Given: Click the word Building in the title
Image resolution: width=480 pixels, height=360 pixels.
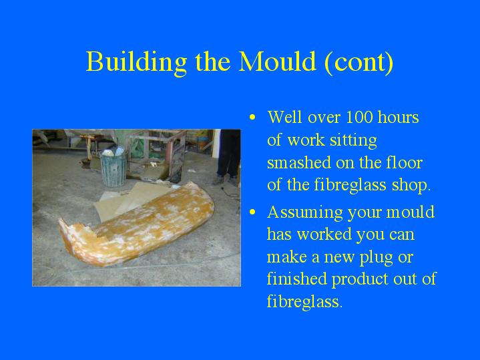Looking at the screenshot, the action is point(136,62).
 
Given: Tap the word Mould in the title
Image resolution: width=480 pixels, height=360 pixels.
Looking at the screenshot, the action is point(277,61).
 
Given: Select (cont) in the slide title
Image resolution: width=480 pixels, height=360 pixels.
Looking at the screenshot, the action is point(358,62).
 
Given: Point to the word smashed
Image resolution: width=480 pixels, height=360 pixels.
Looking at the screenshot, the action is point(299,162).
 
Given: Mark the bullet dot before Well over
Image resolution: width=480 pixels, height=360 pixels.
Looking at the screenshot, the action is point(252,118).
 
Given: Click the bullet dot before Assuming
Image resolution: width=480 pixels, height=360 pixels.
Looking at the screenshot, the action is point(252,212).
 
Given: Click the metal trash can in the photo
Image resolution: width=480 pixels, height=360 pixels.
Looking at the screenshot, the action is point(113,168).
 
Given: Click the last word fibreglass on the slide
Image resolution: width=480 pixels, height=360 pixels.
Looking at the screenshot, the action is point(303,301).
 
